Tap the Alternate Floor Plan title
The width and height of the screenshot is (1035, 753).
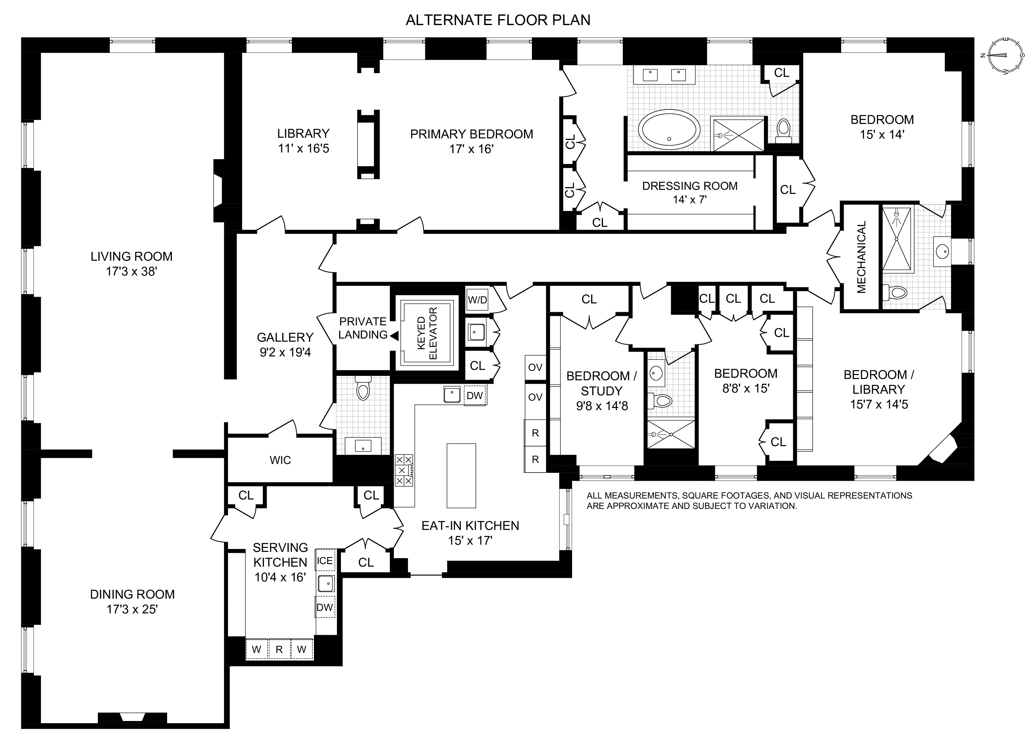(498, 20)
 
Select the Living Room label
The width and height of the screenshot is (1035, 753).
(131, 257)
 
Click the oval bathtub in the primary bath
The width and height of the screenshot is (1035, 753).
(669, 129)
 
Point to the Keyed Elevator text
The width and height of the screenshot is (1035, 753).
(427, 333)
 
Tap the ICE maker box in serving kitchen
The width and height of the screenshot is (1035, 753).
(325, 560)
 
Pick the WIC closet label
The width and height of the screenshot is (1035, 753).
(280, 460)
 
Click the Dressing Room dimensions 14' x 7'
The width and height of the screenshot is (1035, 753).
(690, 200)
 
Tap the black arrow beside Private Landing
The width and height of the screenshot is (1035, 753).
(394, 336)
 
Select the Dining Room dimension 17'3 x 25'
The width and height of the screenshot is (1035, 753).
(132, 609)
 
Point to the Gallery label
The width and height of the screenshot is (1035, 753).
(285, 338)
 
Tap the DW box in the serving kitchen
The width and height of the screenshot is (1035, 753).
(325, 607)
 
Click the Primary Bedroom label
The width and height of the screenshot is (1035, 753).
(471, 134)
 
